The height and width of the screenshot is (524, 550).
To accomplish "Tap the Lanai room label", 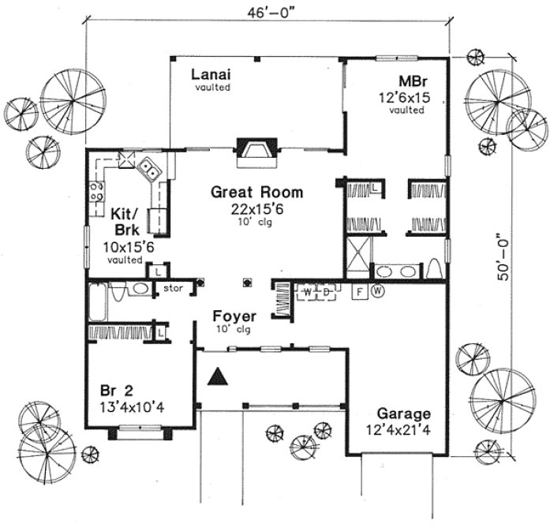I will click(x=211, y=75).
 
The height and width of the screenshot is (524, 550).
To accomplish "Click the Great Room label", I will click(x=245, y=192).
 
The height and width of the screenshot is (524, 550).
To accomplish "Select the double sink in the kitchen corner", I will click(x=148, y=167).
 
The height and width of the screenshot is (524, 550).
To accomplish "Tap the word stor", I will click(x=173, y=289).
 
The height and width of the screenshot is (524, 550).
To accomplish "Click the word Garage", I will click(x=402, y=413).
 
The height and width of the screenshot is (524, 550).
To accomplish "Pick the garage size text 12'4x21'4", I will click(x=402, y=429).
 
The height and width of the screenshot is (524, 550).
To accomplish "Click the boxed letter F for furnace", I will click(x=358, y=291).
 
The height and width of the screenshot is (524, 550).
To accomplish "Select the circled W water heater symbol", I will click(x=377, y=291).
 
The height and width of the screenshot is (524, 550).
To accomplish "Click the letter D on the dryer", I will click(x=325, y=291).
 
